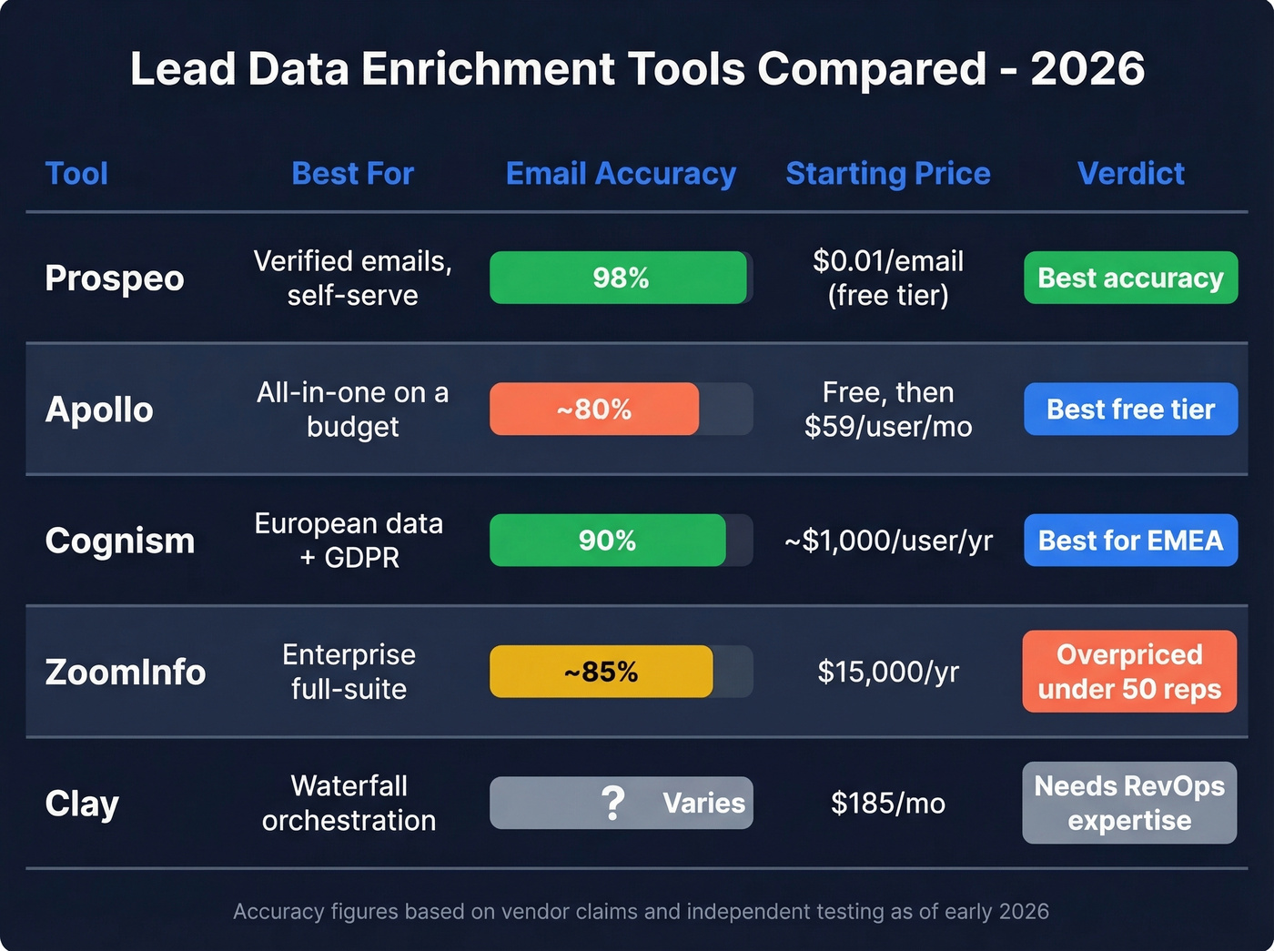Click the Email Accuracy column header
pyautogui.click(x=621, y=173)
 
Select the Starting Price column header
pyautogui.click(x=887, y=173)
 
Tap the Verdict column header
pyautogui.click(x=1130, y=173)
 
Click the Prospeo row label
pyautogui.click(x=115, y=278)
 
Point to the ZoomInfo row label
pyautogui.click(x=126, y=672)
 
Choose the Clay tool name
pyautogui.click(x=82, y=803)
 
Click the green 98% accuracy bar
pyautogui.click(x=619, y=278)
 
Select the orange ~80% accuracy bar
pyautogui.click(x=594, y=409)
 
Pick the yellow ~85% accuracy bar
pyautogui.click(x=601, y=672)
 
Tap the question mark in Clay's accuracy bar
pyautogui.click(x=613, y=803)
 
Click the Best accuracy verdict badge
pyautogui.click(x=1130, y=278)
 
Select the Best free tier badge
pyautogui.click(x=1130, y=409)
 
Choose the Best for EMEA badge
pyautogui.click(x=1130, y=541)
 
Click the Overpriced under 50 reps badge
pyautogui.click(x=1129, y=672)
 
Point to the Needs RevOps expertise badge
pyautogui.click(x=1129, y=803)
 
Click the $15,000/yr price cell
pyautogui.click(x=888, y=672)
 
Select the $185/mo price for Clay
pyautogui.click(x=888, y=803)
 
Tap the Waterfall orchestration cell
pyautogui.click(x=349, y=803)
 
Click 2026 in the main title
pyautogui.click(x=1087, y=68)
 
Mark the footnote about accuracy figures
pyautogui.click(x=641, y=911)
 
